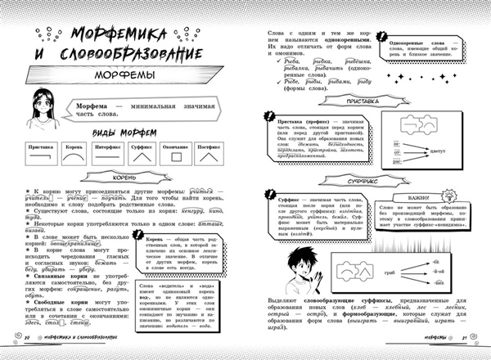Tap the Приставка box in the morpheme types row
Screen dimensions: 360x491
tap(41, 154)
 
